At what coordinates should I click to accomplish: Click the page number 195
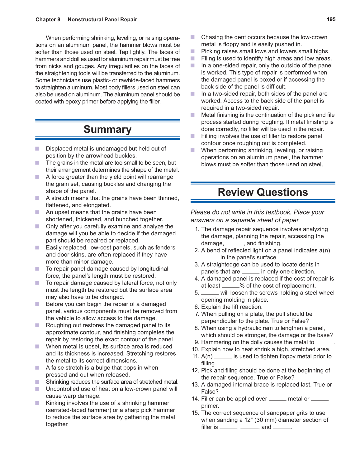331,19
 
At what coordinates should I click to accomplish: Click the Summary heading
107,129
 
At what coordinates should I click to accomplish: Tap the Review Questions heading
263,192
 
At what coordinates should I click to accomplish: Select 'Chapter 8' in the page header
48,19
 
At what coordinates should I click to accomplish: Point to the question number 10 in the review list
195,349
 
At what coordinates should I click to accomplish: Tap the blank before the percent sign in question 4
230,286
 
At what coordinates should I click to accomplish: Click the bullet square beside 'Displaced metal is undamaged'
37,149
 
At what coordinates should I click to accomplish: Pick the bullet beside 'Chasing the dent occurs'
193,37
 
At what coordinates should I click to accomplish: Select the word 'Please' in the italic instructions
201,212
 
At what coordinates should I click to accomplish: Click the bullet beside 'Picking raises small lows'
193,51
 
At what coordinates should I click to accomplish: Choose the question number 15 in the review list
195,413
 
